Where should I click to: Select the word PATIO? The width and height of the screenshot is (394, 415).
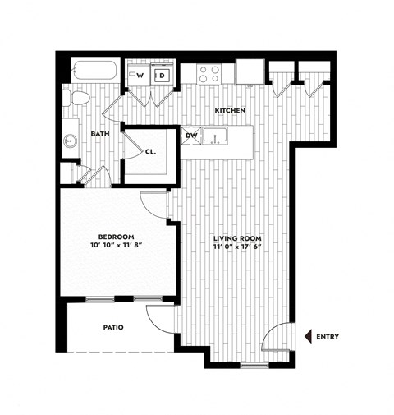(114, 327)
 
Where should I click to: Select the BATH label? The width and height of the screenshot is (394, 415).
(100, 134)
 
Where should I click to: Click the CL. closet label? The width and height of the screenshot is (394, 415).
(151, 151)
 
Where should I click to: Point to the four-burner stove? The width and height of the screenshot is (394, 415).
(209, 74)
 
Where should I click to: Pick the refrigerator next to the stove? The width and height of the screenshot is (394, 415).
(248, 72)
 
